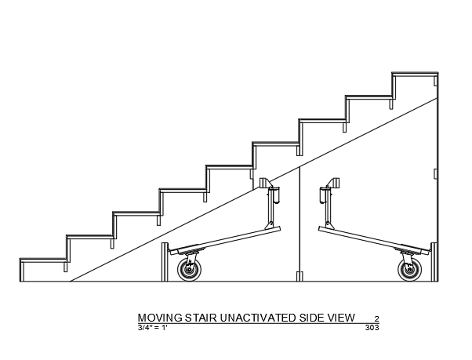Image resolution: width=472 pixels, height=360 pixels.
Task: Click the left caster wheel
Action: coord(189,269)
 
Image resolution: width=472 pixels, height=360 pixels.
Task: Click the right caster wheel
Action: coord(409,269)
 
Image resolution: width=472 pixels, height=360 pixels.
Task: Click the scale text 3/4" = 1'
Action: coord(153,328)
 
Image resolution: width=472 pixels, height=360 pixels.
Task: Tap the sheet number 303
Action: coord(372,328)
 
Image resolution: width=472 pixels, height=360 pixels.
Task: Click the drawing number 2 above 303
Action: coord(376,318)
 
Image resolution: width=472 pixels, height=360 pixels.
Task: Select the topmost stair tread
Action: coord(415,74)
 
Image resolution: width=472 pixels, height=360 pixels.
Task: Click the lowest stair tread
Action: coord(44,260)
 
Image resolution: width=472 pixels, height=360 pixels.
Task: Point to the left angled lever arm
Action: coord(225,241)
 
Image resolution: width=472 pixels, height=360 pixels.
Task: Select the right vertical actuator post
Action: coord(328,208)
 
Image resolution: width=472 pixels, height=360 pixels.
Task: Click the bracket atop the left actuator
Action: coord(266,183)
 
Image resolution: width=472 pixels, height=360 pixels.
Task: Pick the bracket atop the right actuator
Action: coord(333,183)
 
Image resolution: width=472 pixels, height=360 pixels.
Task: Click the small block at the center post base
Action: coord(300,276)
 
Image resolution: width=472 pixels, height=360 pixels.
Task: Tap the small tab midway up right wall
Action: coord(435,173)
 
